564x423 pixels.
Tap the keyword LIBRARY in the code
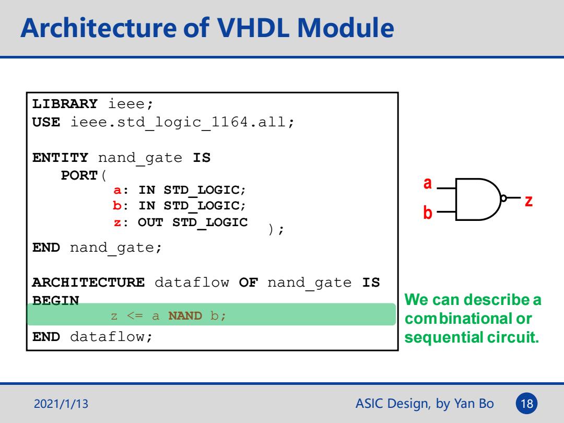coord(65,103)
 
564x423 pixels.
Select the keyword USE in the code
coord(46,122)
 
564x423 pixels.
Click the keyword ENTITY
coord(60,158)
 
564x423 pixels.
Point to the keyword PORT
coord(79,175)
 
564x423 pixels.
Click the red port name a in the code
coord(118,190)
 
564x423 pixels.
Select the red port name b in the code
coord(117,205)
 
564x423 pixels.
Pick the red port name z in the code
coord(118,222)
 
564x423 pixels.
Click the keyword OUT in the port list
coord(150,222)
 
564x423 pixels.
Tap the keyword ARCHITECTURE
coord(88,283)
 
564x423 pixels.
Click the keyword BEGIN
coord(56,300)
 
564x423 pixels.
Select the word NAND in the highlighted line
coord(185,315)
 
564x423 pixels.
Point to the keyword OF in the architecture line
coord(248,283)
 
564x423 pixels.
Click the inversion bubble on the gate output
coord(503,198)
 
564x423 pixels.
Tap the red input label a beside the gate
coord(427,183)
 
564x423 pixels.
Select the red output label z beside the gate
coord(528,201)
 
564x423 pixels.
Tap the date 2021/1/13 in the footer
coord(61,404)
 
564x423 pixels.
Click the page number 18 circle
coord(526,403)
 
